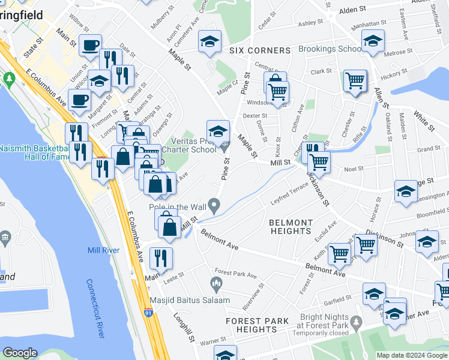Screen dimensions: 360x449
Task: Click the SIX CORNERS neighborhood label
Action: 260,50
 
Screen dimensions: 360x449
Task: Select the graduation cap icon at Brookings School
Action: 372,41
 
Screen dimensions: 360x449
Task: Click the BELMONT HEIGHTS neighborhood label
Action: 291,226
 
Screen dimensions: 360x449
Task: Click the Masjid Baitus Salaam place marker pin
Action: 216,282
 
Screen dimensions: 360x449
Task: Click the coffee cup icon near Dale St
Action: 91,45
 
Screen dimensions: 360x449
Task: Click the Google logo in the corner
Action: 20,353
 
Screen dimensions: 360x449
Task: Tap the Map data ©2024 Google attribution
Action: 412,355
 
